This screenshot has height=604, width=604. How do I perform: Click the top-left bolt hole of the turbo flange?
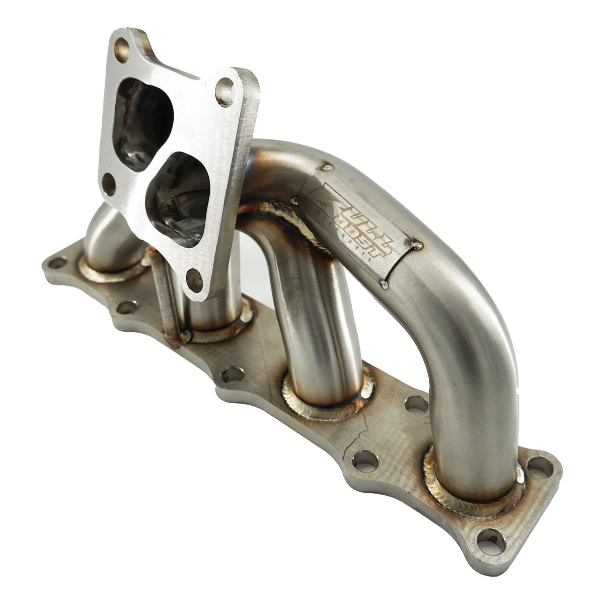(x=122, y=49)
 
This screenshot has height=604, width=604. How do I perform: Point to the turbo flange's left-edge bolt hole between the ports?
(x=108, y=184)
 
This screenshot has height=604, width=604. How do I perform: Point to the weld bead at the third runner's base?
(x=322, y=403)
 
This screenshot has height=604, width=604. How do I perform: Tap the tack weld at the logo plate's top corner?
(x=327, y=168)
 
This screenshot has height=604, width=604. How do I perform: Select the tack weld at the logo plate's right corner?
(x=417, y=245)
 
